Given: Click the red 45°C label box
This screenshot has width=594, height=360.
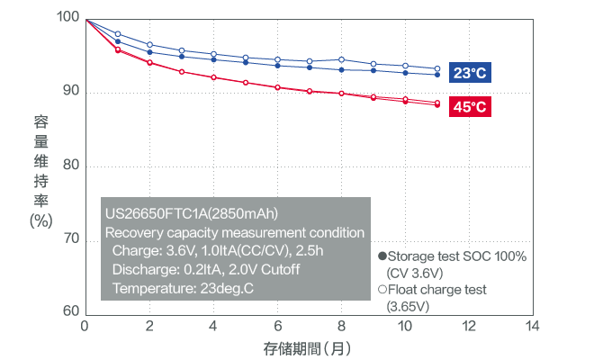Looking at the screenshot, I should [x=470, y=107].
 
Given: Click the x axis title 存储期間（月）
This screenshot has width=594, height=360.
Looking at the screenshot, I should [x=309, y=347].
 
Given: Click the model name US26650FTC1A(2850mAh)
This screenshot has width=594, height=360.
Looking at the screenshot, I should [x=191, y=214].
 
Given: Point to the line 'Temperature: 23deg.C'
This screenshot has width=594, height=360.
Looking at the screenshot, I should [x=184, y=288].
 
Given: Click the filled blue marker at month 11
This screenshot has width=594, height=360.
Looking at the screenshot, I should [x=437, y=75].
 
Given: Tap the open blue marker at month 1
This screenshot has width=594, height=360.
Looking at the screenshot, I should [x=117, y=34].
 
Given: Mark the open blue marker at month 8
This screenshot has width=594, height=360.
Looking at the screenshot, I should [x=341, y=59].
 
